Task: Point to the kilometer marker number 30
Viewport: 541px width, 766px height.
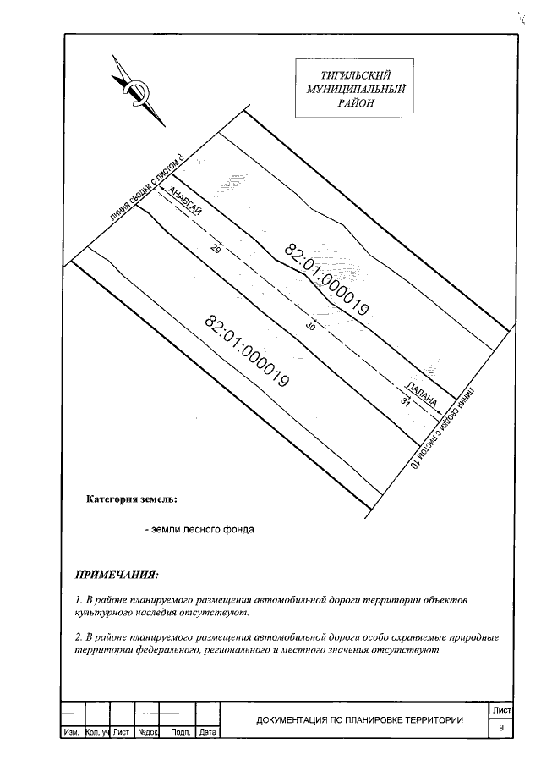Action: pyautogui.click(x=309, y=331)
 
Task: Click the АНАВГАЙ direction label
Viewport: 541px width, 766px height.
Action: pyautogui.click(x=185, y=201)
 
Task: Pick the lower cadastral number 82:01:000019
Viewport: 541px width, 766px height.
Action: pyautogui.click(x=248, y=351)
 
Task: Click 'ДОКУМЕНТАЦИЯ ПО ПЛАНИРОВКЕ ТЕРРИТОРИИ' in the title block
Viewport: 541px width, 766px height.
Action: pyautogui.click(x=359, y=720)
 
